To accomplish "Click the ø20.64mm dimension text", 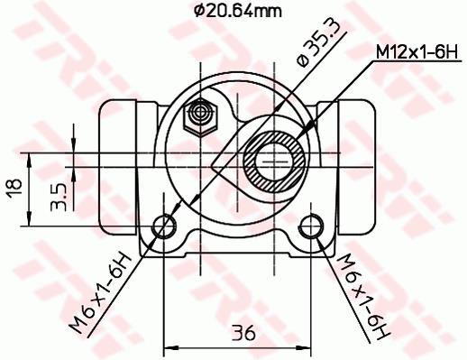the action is pyautogui.click(x=238, y=12).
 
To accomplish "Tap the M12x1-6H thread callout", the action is pyautogui.click(x=417, y=52).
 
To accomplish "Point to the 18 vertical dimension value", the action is pyautogui.click(x=15, y=189).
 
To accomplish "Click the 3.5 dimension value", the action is pyautogui.click(x=59, y=198).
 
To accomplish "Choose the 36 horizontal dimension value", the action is pyautogui.click(x=243, y=333).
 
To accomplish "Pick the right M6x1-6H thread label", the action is pyautogui.click(x=362, y=296).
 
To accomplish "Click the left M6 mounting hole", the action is pyautogui.click(x=164, y=226).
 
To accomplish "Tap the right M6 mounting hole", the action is pyautogui.click(x=311, y=226).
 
